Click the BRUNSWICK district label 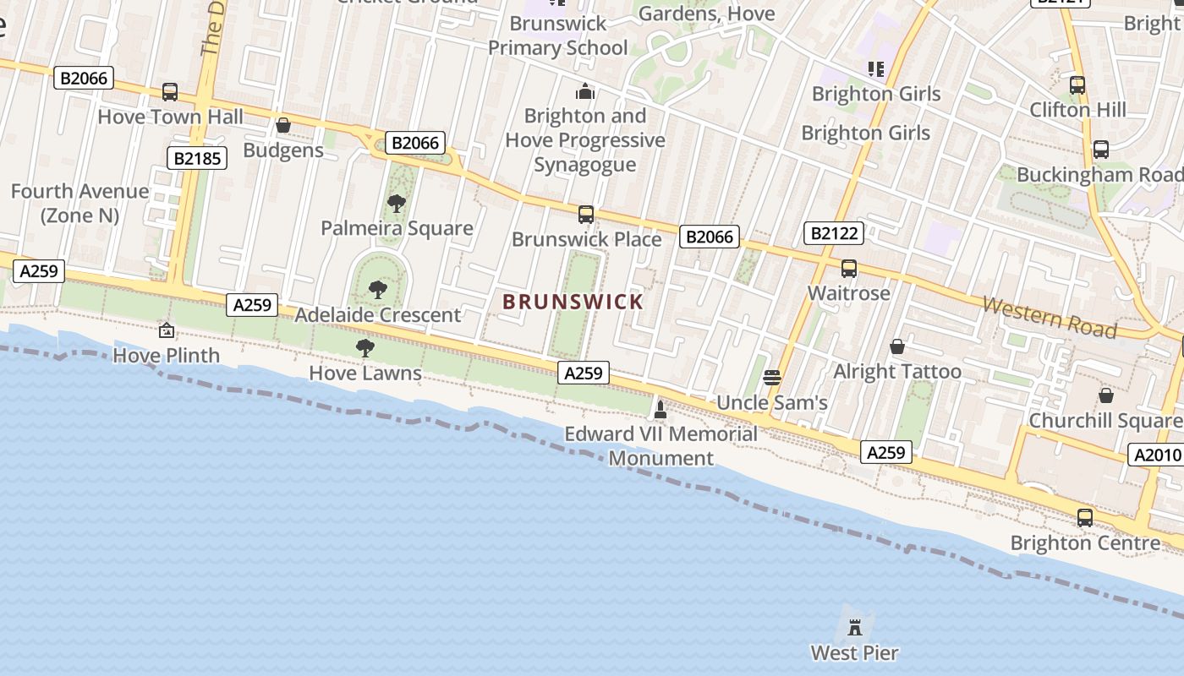pos(573,302)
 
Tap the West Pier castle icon pos(855,627)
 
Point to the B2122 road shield pos(834,233)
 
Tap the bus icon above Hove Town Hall pos(170,92)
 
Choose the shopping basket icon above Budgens pos(283,126)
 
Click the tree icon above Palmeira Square pos(396,204)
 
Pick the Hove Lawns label pos(365,373)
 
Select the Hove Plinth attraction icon pos(167,330)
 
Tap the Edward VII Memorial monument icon pos(661,410)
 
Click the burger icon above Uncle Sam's pos(771,377)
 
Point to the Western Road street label pos(1050,317)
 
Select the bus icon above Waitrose pos(848,269)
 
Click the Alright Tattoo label pos(897,372)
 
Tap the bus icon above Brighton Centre pos(1085,517)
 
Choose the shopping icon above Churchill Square pos(1105,395)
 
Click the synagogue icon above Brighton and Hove pos(585,91)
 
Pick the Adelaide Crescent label pos(378,315)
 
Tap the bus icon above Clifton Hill pos(1077,85)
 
